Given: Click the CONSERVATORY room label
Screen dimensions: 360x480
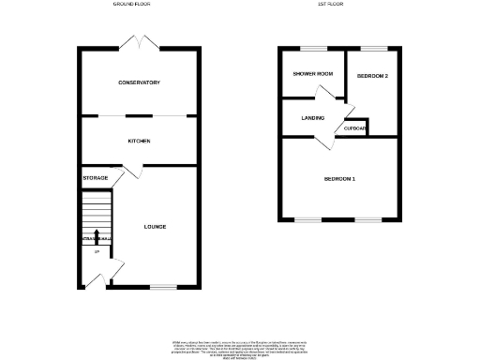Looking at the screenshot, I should (x=139, y=82).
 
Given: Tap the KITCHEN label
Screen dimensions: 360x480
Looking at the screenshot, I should (x=139, y=141).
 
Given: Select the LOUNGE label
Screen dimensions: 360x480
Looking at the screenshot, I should (x=155, y=226).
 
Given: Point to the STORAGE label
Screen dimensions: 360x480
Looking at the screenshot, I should (x=95, y=177).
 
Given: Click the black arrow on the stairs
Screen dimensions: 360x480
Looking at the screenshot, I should (x=97, y=233).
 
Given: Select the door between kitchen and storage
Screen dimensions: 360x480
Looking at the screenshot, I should (x=132, y=171).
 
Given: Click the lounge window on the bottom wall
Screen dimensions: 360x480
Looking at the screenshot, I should (x=163, y=287).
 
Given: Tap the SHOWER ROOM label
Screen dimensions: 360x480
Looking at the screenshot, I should (x=312, y=74).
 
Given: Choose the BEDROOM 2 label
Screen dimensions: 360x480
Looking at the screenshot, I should (x=372, y=76).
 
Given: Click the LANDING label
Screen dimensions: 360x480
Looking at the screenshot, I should (x=312, y=118).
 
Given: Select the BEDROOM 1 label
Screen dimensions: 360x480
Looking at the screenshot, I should (x=339, y=178).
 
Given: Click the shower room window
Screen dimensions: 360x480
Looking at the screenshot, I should (x=313, y=48).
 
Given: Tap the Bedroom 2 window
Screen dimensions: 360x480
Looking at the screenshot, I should (x=373, y=48).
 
